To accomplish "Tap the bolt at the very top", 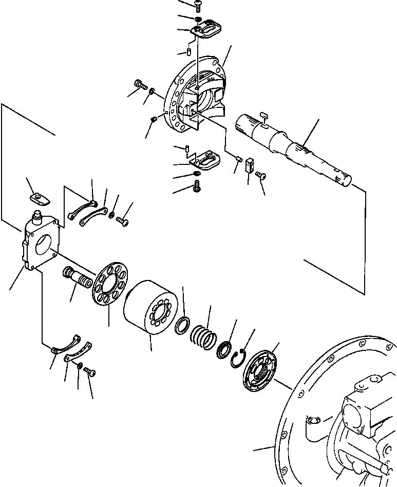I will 199,5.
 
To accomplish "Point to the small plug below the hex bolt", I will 154,120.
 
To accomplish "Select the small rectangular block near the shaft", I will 250,165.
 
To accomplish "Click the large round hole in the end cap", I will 45,245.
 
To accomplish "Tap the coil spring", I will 202,337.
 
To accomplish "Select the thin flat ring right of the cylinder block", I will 182,327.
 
